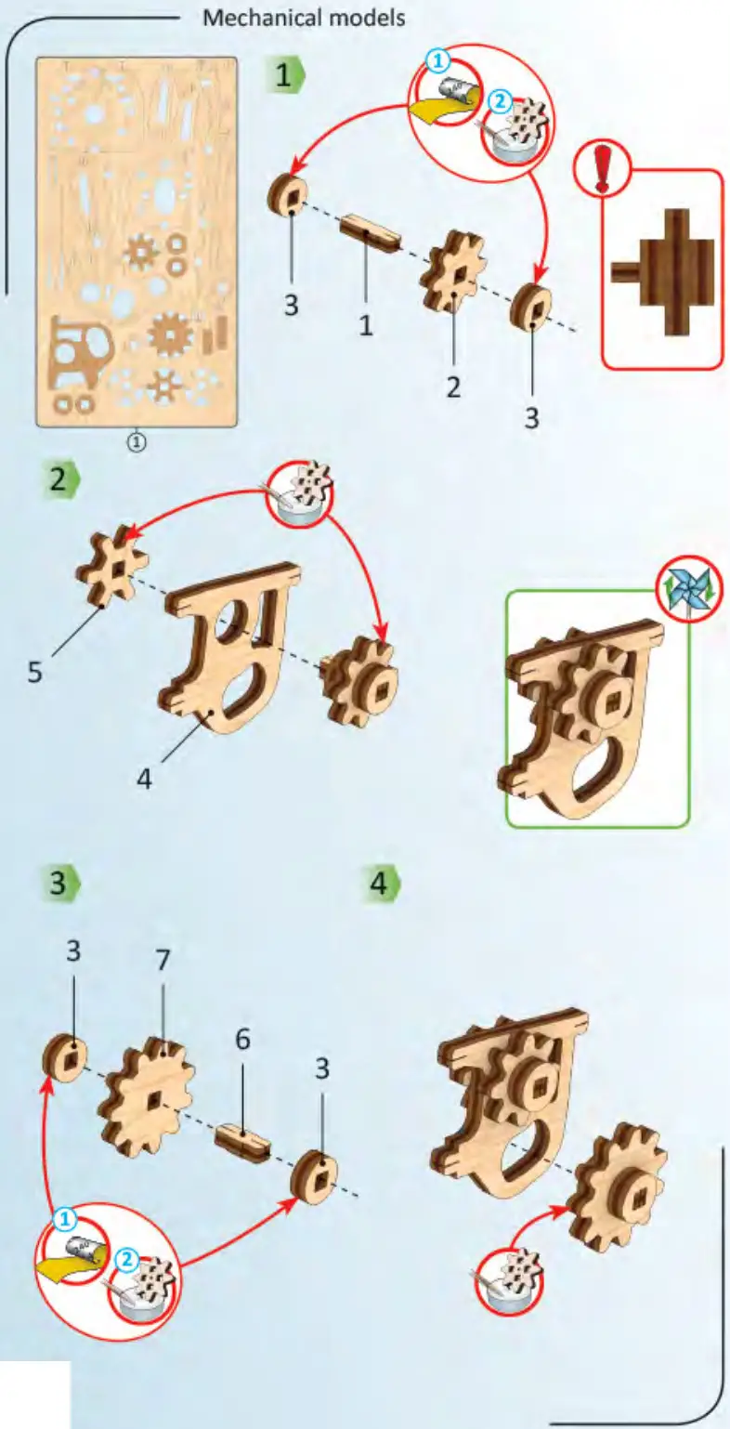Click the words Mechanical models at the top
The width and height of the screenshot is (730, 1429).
(304, 17)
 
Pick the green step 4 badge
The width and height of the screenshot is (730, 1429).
(381, 883)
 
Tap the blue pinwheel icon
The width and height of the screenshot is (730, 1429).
(689, 587)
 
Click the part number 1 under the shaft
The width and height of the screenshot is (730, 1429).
(366, 324)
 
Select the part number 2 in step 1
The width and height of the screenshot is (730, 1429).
(452, 386)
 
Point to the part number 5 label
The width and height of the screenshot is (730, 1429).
(34, 671)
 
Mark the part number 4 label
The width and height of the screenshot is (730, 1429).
(144, 777)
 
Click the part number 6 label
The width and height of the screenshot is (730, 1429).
(242, 1040)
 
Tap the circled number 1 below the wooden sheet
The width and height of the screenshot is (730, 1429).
(137, 442)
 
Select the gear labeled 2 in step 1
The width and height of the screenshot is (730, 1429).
(454, 270)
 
